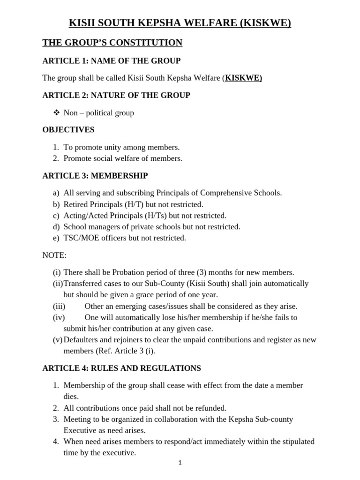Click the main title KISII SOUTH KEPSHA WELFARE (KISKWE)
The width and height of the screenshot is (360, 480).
click(180, 23)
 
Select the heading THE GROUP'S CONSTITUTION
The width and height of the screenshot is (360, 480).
click(112, 43)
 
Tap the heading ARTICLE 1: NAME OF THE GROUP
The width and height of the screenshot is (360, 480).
click(112, 61)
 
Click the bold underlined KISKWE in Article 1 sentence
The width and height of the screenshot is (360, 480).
click(243, 78)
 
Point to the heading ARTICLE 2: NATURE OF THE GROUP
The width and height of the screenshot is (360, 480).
click(116, 95)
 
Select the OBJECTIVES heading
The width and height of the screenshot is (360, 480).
click(68, 129)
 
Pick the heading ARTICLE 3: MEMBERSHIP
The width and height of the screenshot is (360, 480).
click(95, 176)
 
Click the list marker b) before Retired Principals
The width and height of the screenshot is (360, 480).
click(56, 204)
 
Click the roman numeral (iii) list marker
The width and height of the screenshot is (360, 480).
click(59, 306)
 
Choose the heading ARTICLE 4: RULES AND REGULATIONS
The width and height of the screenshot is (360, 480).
click(121, 368)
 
